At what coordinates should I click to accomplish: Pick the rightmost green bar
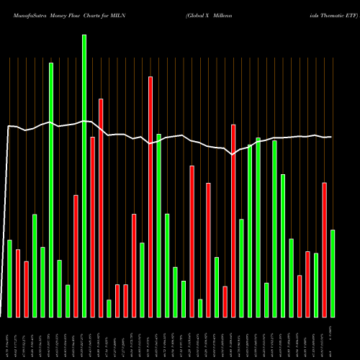(333, 273)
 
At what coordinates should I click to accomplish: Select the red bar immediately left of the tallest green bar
(76, 256)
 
